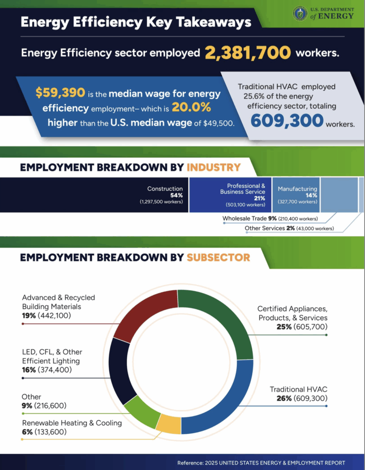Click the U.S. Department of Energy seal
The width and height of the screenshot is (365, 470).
[300, 13]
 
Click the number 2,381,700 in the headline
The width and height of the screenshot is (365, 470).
[248, 53]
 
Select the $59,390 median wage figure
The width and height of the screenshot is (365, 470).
[60, 93]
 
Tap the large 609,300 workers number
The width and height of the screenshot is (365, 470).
[287, 121]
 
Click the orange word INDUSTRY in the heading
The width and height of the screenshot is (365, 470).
[213, 168]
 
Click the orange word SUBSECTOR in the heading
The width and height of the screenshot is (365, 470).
[218, 257]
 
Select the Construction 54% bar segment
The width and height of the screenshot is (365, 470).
[94, 195]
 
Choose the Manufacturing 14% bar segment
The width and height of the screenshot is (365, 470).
[296, 195]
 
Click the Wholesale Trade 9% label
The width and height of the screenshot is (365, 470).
[270, 218]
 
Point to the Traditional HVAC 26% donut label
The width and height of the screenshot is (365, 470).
[298, 394]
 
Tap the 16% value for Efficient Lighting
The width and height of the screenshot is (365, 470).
[28, 369]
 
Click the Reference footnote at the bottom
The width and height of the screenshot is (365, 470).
[261, 463]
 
